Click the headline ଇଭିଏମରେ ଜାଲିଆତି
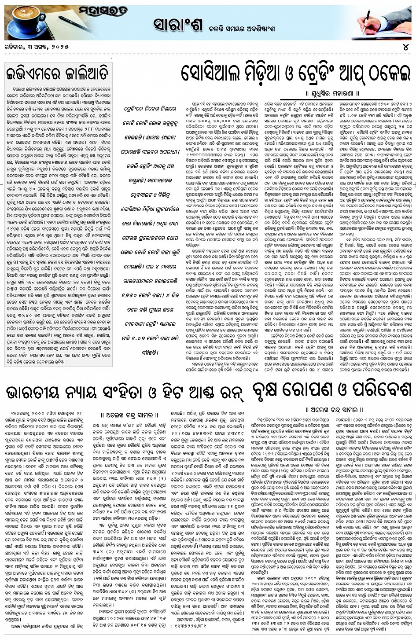click(58, 72)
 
